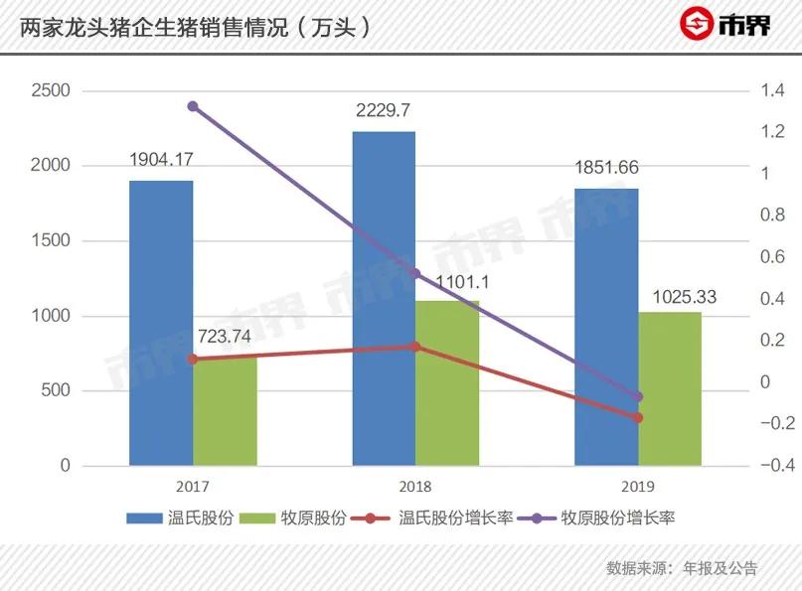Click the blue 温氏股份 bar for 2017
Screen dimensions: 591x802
pyautogui.click(x=161, y=323)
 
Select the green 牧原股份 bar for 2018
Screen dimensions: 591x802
pyautogui.click(x=447, y=382)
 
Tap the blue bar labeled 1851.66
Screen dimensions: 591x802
pyautogui.click(x=606, y=326)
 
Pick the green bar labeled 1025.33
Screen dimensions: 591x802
pyautogui.click(x=670, y=388)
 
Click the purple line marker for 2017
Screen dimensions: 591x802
pyautogui.click(x=193, y=106)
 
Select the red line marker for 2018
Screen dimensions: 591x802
pyautogui.click(x=415, y=347)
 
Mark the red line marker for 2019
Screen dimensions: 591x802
pyautogui.click(x=638, y=417)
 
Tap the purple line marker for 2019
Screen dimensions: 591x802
pyautogui.click(x=638, y=397)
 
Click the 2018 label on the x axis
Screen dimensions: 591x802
pyautogui.click(x=415, y=486)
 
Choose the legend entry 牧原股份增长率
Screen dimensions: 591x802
pyautogui.click(x=615, y=517)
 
